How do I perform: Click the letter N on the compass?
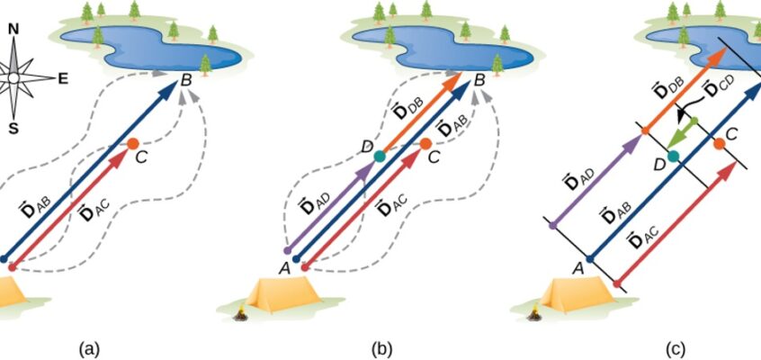[x=13, y=30]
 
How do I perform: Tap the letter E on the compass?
[x=63, y=79]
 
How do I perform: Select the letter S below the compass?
[x=13, y=128]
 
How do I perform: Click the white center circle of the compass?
[x=13, y=77]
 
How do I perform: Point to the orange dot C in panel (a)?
[x=133, y=143]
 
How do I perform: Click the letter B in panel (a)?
[x=186, y=80]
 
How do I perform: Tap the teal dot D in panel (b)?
[x=380, y=157]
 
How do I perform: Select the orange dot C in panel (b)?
[x=425, y=144]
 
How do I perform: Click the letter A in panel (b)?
[x=285, y=268]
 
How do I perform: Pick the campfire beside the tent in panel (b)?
[x=241, y=314]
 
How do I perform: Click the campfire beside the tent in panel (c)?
[x=535, y=314]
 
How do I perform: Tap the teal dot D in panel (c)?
[x=673, y=157]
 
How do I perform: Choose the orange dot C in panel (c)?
[x=720, y=144]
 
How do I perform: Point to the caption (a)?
[x=89, y=349]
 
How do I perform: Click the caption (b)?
[x=382, y=349]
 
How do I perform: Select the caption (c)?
[x=676, y=349]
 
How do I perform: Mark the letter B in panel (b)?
[x=479, y=80]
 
